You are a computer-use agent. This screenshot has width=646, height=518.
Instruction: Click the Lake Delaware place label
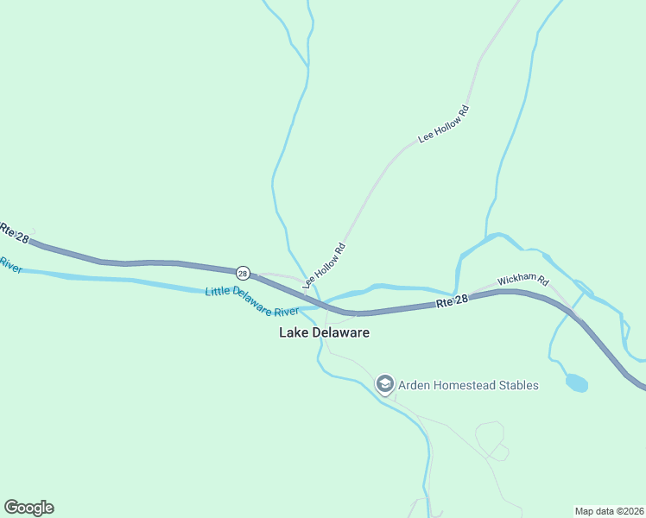click(x=324, y=332)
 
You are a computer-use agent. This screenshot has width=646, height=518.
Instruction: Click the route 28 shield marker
click(x=243, y=273)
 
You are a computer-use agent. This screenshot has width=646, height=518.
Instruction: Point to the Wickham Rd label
click(x=523, y=281)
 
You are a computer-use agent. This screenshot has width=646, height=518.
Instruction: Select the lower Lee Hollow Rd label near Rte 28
click(x=325, y=265)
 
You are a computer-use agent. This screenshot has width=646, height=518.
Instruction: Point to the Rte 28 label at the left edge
click(x=14, y=232)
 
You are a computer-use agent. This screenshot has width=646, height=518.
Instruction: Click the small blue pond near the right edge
click(x=577, y=382)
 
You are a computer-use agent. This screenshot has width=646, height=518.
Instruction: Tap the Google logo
click(x=28, y=508)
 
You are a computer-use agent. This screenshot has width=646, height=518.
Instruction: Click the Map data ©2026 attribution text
click(x=608, y=510)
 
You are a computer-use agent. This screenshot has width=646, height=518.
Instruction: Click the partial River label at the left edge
click(x=9, y=264)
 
